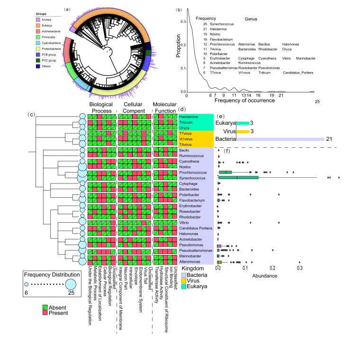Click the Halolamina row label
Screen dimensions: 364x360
coord(189,117)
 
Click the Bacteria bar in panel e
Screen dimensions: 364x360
coord(280,139)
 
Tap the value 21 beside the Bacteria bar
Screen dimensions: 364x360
coord(329,139)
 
